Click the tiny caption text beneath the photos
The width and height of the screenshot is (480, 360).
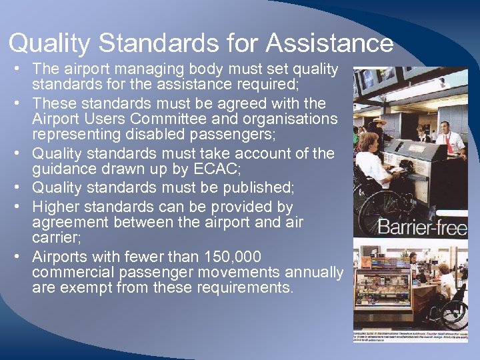tap(410, 335)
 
